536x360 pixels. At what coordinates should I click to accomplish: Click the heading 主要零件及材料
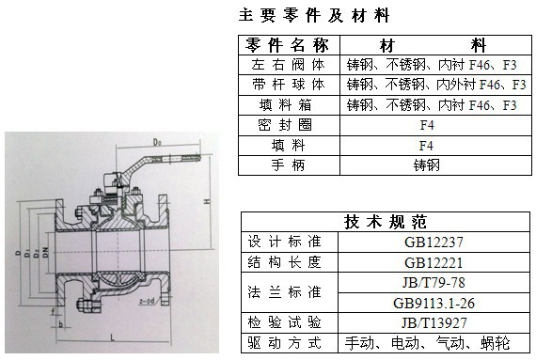tap(314, 16)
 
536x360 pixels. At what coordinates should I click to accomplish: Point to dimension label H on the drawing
tap(206, 203)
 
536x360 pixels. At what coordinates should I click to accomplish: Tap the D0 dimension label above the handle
tap(154, 142)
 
